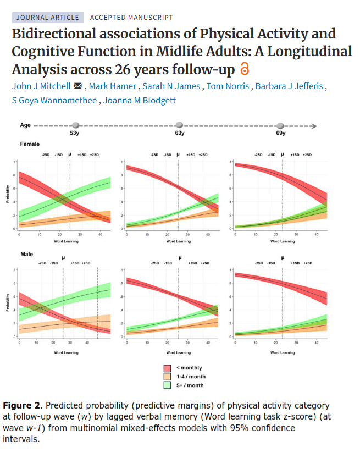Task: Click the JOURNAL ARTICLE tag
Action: pyautogui.click(x=47, y=18)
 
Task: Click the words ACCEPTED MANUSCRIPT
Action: pyautogui.click(x=131, y=18)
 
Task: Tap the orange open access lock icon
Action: pyautogui.click(x=245, y=70)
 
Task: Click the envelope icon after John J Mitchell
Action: pyautogui.click(x=77, y=86)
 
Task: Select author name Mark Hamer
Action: pyautogui.click(x=113, y=86)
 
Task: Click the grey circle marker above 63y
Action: pyautogui.click(x=179, y=126)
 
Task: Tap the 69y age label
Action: pyautogui.click(x=280, y=134)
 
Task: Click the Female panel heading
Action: pyautogui.click(x=30, y=144)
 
